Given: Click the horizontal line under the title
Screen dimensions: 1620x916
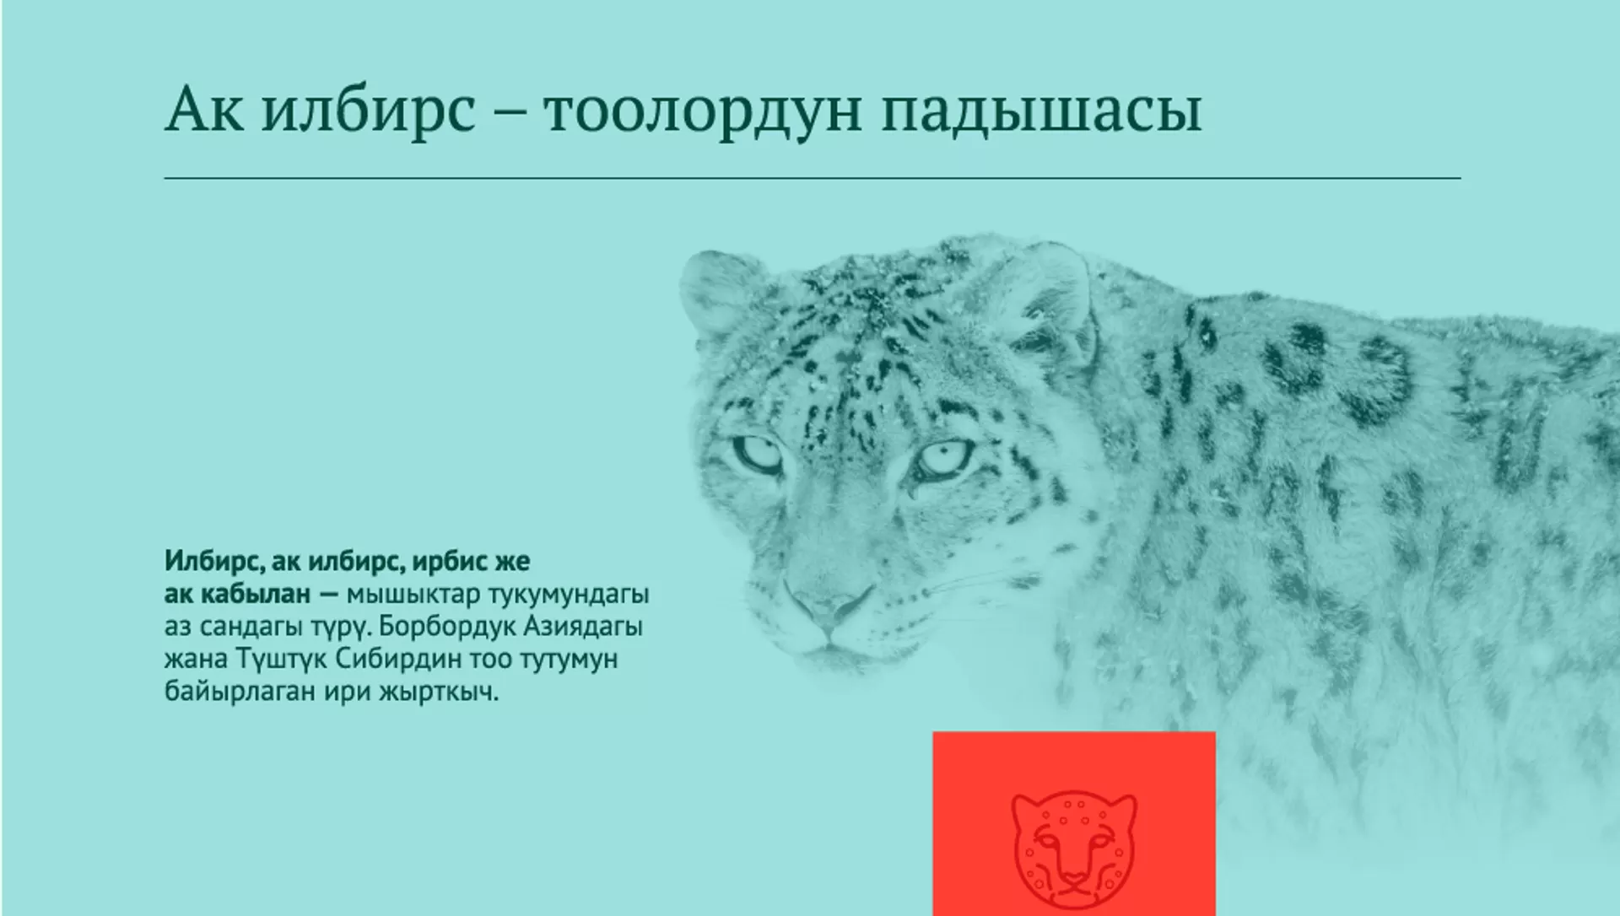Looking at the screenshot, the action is click(x=813, y=178).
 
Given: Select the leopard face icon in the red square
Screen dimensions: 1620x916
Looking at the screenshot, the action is click(x=1074, y=847).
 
